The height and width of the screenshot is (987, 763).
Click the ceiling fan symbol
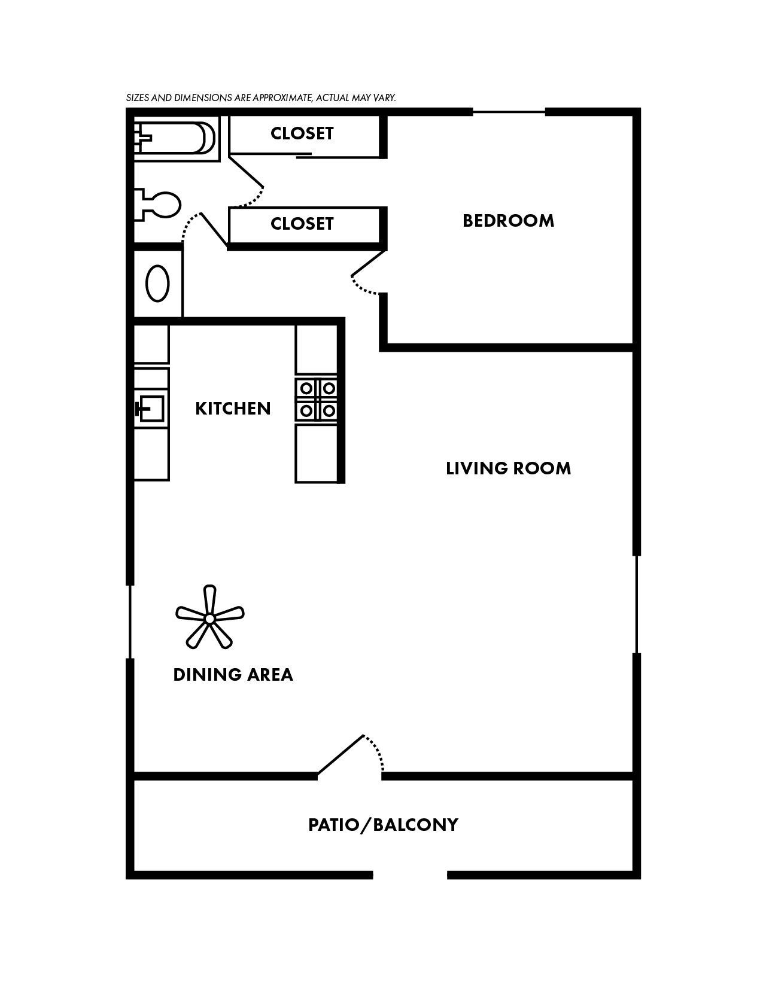(209, 618)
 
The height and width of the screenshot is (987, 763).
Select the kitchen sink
(150, 410)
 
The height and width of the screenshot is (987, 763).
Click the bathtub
(174, 138)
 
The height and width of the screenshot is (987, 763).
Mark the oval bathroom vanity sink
(158, 284)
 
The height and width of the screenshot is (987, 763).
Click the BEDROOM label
(508, 221)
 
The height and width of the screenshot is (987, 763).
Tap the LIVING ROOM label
(508, 468)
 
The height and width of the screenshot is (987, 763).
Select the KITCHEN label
(233, 409)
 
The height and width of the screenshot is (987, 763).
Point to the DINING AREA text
(233, 675)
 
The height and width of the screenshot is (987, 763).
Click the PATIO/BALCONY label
(383, 825)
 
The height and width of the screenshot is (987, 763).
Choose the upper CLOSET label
(302, 133)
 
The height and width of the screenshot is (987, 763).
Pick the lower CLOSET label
(302, 224)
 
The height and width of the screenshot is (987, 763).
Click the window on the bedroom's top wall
(509, 111)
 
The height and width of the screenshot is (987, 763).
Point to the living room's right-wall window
(637, 604)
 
